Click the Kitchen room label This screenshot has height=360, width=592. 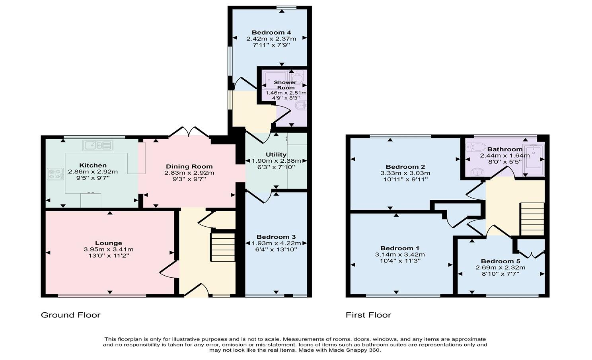[x=93, y=165]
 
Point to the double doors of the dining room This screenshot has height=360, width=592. [x=189, y=132]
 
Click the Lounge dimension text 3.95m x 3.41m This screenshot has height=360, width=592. [x=109, y=249]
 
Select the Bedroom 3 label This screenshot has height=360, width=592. [x=276, y=237]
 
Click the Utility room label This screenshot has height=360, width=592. [x=276, y=155]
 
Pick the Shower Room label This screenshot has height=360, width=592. [x=285, y=85]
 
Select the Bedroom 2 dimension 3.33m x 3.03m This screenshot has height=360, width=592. [x=405, y=173]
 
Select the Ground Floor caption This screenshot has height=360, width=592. [x=70, y=315]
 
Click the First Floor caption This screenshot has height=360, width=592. [x=368, y=315]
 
